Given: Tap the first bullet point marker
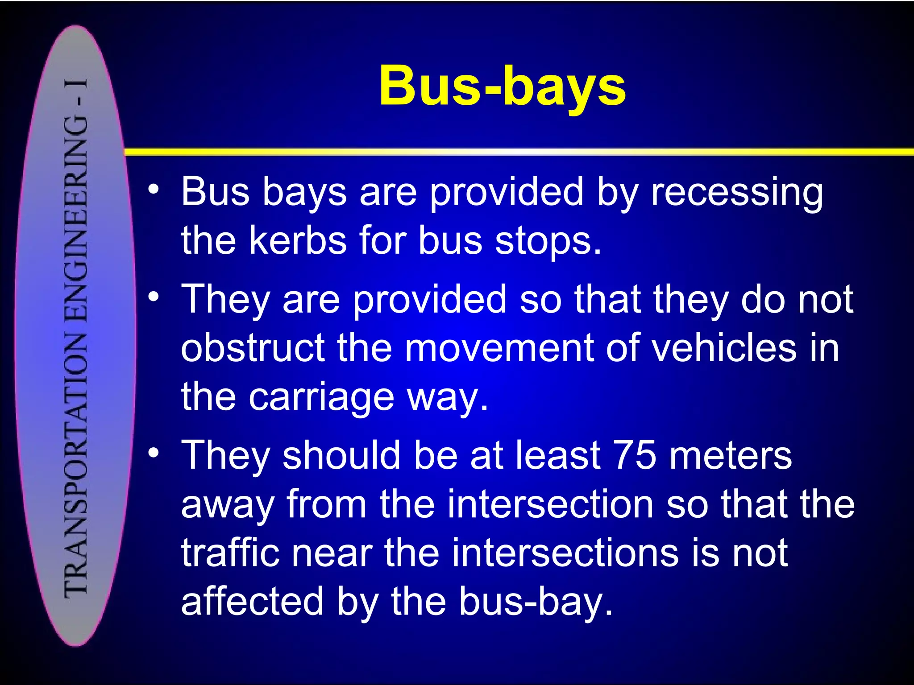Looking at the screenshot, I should point(154,190).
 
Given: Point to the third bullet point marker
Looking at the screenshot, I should point(154,453).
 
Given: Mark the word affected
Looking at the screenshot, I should point(252,602).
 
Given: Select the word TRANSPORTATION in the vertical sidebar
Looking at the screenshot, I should point(76,464).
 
